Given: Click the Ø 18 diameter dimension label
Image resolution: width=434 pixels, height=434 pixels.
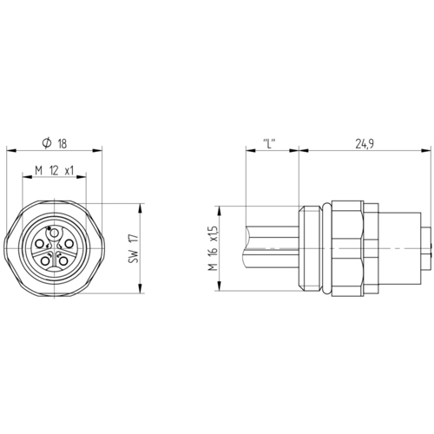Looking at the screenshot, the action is pos(55,143).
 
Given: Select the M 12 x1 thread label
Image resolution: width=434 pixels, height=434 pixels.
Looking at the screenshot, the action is pos(55,170).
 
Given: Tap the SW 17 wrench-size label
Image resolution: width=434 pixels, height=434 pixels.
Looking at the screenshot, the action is pos(134,248).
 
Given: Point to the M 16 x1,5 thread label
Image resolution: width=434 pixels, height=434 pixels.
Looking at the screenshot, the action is pos(213,248).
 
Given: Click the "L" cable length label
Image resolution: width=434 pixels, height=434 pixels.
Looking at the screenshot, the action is pos(269,143).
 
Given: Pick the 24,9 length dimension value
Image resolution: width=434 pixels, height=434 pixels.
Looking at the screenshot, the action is pos(365,143).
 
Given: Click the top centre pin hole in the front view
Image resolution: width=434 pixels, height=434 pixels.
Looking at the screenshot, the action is pos(54,233).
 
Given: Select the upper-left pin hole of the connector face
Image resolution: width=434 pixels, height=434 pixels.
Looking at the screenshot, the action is pos(39,245).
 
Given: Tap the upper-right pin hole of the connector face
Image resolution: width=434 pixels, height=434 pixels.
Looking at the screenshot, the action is pos(69,244).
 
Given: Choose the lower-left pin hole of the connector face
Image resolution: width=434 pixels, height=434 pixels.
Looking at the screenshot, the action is pos(45,261).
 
